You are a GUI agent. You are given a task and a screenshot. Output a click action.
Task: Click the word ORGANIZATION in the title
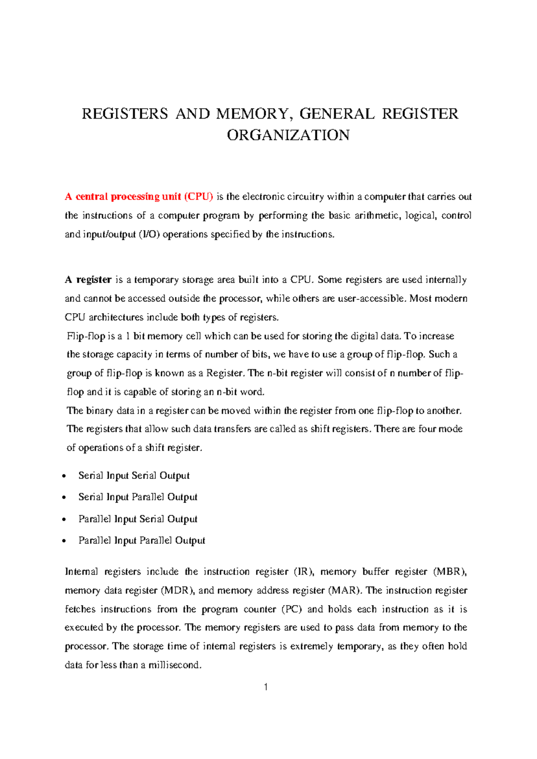click(x=288, y=135)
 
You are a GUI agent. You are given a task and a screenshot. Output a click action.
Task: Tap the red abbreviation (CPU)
click(x=198, y=196)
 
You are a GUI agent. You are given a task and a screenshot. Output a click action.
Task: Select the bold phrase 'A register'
click(x=88, y=280)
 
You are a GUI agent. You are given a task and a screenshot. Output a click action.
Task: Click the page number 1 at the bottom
click(x=266, y=687)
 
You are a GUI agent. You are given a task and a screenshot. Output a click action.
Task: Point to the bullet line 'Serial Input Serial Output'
click(x=134, y=475)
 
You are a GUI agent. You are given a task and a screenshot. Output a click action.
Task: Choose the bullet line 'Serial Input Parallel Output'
click(x=138, y=497)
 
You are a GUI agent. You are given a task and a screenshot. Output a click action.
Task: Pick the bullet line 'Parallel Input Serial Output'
click(x=138, y=519)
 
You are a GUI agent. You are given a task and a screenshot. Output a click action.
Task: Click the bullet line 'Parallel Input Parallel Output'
click(x=141, y=540)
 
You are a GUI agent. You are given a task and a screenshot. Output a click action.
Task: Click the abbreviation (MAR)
click(x=345, y=590)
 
